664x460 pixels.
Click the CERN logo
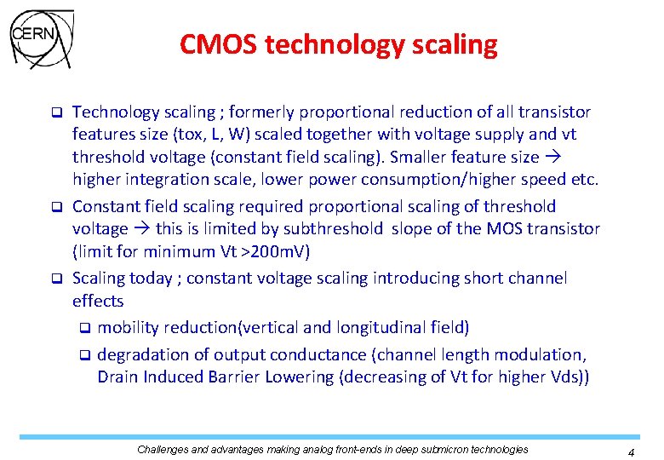(40, 38)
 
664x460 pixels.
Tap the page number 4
(631, 453)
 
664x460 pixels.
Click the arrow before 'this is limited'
(141, 229)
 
